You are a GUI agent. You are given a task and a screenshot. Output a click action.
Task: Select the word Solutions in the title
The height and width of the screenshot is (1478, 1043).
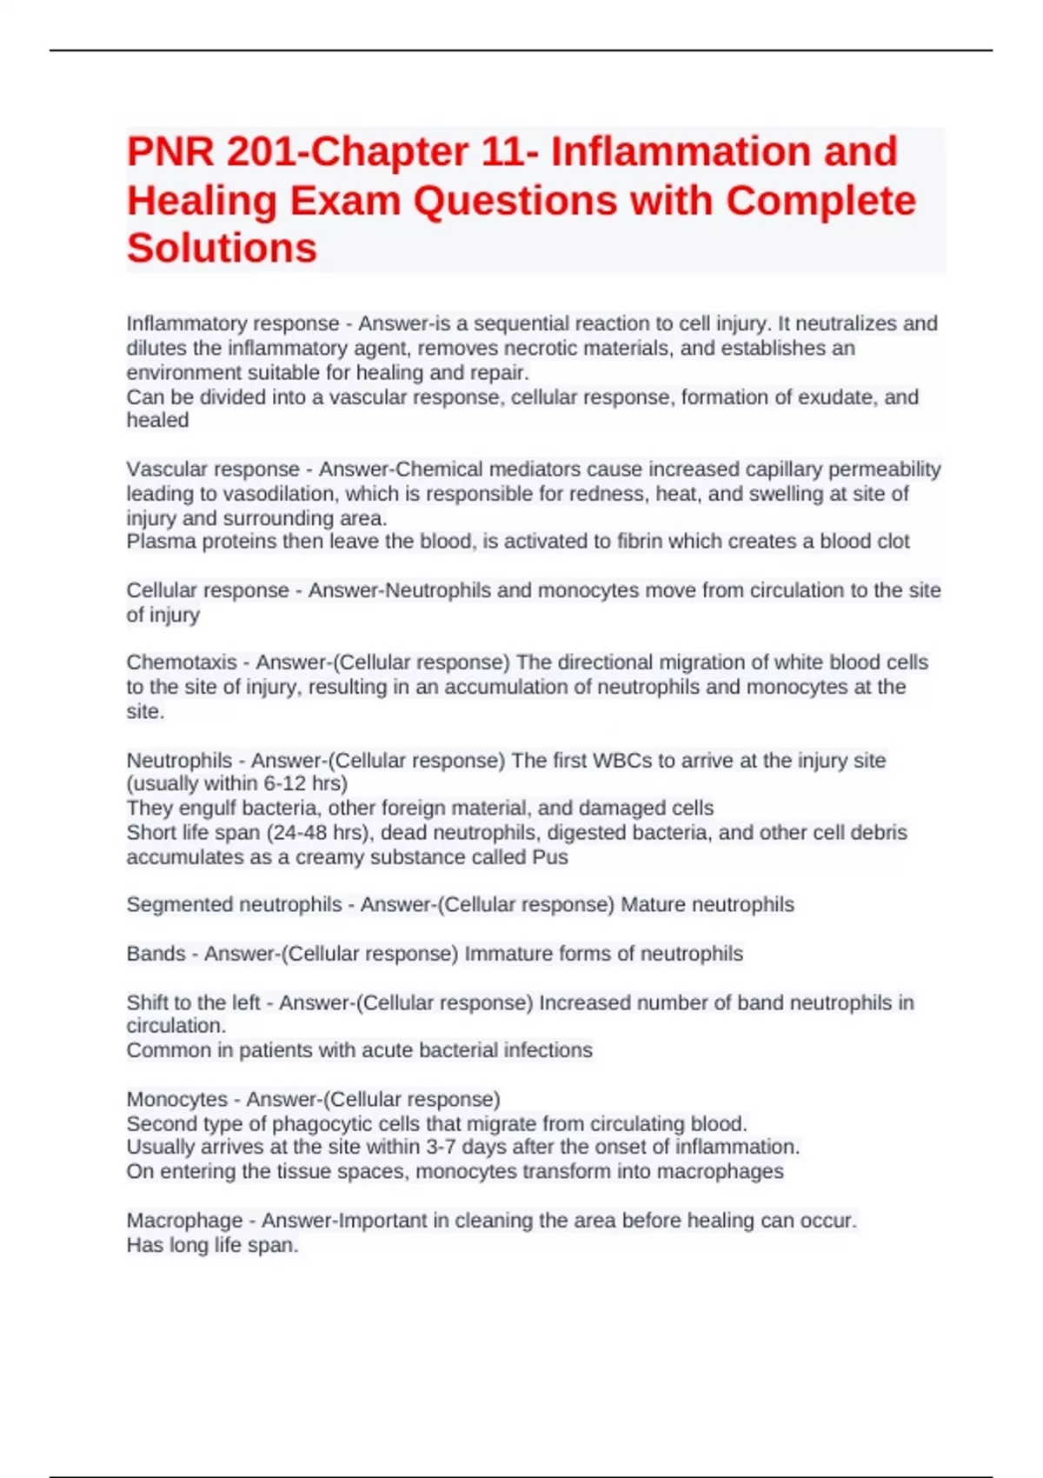tap(222, 249)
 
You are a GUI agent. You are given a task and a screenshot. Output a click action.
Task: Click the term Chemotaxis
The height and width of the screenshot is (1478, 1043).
tap(181, 662)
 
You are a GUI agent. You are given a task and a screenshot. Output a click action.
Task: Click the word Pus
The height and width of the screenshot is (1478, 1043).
tap(549, 857)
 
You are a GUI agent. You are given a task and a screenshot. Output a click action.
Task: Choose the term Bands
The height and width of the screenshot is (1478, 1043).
tap(156, 954)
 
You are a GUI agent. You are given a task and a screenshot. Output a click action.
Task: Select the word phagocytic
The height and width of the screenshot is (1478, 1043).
tap(321, 1123)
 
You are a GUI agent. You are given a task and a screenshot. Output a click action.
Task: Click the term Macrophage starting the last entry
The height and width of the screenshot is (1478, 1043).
tap(184, 1221)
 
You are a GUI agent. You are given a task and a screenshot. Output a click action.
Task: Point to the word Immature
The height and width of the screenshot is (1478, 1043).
tap(507, 954)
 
